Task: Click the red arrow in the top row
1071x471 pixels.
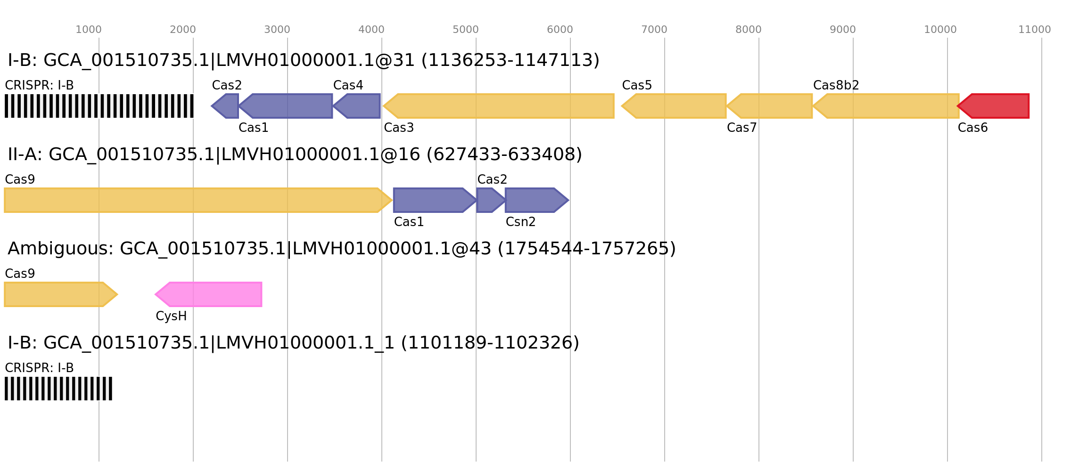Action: [x=995, y=106]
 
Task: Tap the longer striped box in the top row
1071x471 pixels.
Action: [x=99, y=106]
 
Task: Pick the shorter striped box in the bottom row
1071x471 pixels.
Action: [x=58, y=389]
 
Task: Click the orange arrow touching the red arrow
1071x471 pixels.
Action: [x=886, y=106]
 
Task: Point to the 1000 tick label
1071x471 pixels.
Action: [x=89, y=30]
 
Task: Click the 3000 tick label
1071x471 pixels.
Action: [x=277, y=30]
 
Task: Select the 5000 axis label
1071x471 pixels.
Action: [x=466, y=30]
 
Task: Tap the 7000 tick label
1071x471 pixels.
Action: [x=654, y=30]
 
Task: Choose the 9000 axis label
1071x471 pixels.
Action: [x=843, y=30]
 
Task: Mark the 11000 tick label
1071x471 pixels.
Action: [x=1035, y=30]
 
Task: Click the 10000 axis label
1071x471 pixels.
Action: [x=940, y=30]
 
